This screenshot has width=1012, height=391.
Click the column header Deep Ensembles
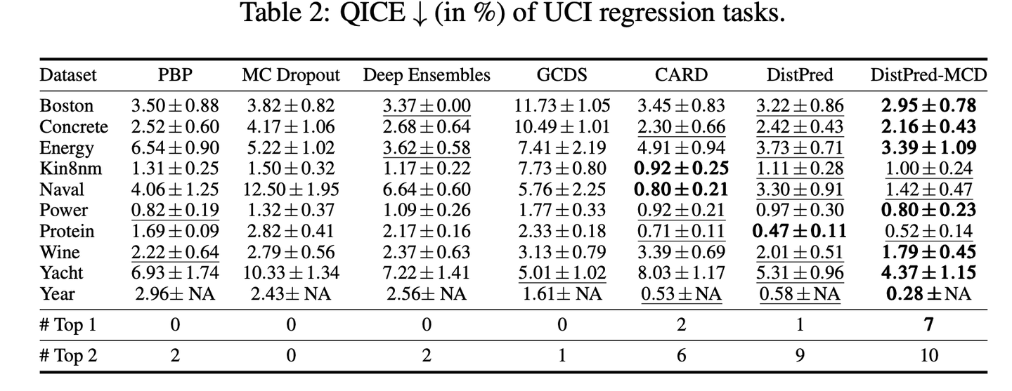pyautogui.click(x=427, y=75)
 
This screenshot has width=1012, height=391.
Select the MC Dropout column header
pyautogui.click(x=290, y=75)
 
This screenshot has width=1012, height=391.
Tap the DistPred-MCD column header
pyautogui.click(x=928, y=75)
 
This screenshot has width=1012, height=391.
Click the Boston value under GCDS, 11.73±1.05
pyautogui.click(x=562, y=106)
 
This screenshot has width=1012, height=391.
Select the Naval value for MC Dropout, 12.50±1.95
pyautogui.click(x=290, y=190)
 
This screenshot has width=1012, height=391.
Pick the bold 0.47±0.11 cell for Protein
pyautogui.click(x=798, y=231)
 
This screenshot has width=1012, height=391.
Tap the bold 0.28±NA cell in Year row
pyautogui.click(x=928, y=293)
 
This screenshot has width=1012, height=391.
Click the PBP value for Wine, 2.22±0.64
pyautogui.click(x=175, y=252)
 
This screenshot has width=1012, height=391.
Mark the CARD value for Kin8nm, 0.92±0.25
pyautogui.click(x=680, y=168)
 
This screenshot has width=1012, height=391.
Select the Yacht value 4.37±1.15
pyautogui.click(x=928, y=273)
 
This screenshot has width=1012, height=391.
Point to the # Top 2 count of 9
pyautogui.click(x=799, y=356)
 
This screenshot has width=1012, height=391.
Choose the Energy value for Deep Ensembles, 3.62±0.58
pyautogui.click(x=427, y=148)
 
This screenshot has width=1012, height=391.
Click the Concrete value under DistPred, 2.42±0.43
pyautogui.click(x=799, y=127)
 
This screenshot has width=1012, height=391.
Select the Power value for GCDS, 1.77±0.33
pyautogui.click(x=562, y=211)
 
